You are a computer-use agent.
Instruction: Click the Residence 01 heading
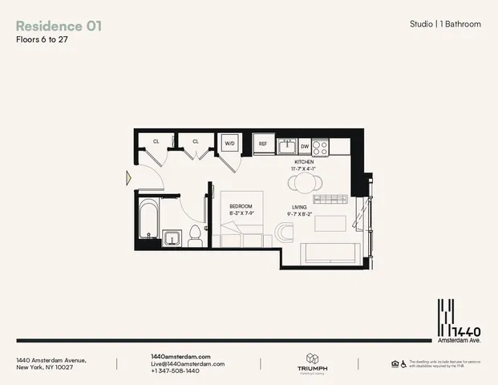59,26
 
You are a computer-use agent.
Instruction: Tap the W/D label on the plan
229,144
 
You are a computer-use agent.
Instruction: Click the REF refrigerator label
262,145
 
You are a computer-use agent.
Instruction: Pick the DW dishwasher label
305,147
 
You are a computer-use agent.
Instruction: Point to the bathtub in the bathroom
149,217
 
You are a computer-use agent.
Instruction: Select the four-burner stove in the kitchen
320,146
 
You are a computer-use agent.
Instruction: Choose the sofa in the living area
327,253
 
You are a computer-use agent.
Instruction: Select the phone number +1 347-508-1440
176,371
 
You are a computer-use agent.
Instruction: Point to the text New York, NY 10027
46,367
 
